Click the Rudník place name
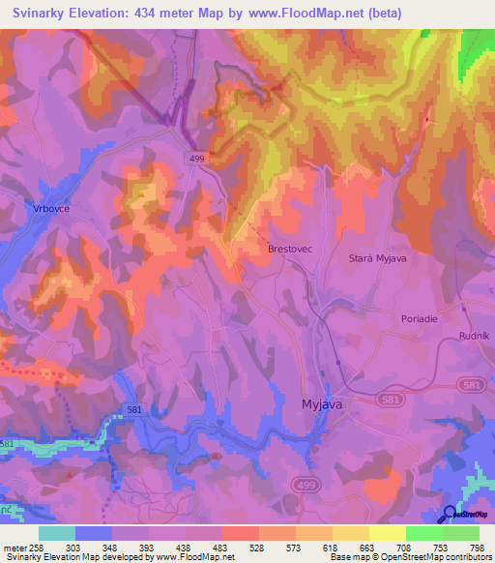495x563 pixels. [x=476, y=336]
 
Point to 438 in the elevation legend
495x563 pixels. [x=204, y=548]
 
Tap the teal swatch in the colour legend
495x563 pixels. [x=57, y=533]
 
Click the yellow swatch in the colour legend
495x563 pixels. [x=388, y=533]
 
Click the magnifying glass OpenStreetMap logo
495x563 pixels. [x=451, y=514]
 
